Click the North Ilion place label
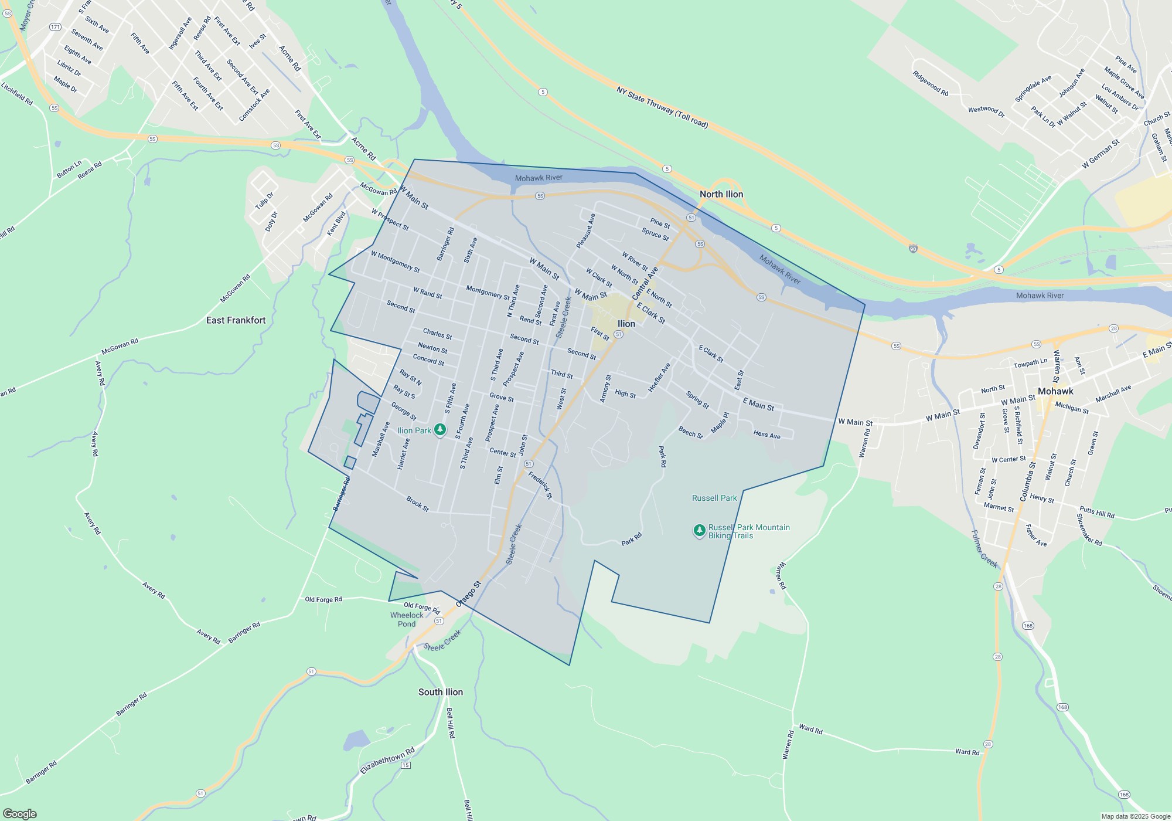[721, 194]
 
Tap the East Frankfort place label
[236, 320]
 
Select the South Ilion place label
[440, 692]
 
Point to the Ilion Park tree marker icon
[440, 430]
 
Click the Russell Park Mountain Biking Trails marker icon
[699, 530]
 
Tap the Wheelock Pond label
[407, 619]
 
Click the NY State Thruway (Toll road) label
[662, 107]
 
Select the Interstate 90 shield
[913, 249]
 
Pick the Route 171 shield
[55, 27]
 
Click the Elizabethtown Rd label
[387, 760]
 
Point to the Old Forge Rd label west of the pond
[323, 599]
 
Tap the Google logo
[20, 813]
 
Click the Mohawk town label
[1055, 391]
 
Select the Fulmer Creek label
[984, 549]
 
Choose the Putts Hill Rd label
[1097, 513]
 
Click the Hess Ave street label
[766, 435]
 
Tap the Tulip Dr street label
[264, 201]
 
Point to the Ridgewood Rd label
[930, 83]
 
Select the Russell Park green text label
[714, 498]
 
